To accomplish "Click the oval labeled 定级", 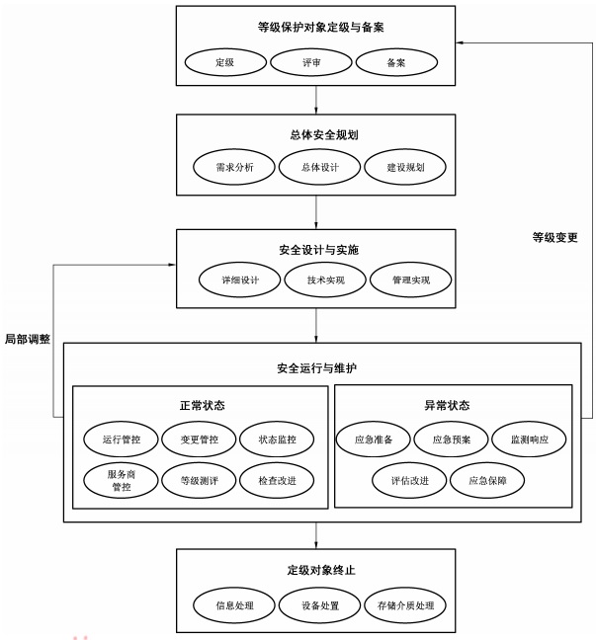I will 225,61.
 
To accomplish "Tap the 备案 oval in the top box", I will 395,61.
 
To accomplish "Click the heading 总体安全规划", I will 315,135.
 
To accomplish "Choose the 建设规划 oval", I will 405,167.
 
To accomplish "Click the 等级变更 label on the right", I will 554,237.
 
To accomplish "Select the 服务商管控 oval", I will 122,480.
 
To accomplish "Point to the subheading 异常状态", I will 453,405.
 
